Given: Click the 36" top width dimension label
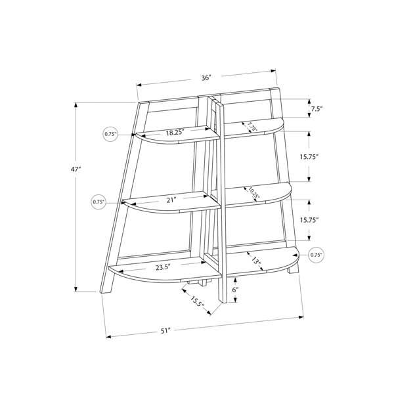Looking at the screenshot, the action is click(206, 78).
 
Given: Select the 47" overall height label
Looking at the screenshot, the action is click(76, 169).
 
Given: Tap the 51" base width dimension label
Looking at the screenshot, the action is click(165, 331).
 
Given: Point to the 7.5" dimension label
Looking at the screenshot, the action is click(317, 109).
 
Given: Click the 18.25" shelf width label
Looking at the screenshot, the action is click(175, 133).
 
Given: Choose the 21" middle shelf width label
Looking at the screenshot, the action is click(171, 200).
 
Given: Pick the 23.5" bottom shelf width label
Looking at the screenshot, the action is click(163, 267).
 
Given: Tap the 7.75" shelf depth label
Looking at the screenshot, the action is click(252, 126).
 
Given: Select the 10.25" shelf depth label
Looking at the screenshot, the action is click(253, 192).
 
